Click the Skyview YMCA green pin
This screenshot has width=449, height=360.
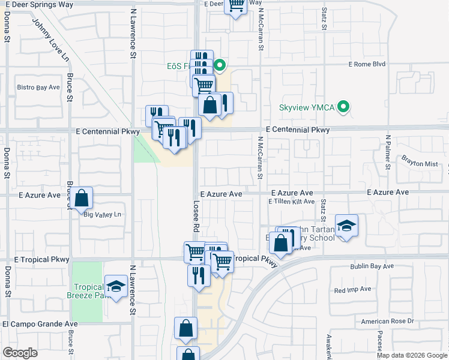point(343,108)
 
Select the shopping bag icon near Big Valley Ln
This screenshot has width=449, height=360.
point(81,197)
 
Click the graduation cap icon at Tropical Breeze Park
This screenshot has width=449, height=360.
point(116,286)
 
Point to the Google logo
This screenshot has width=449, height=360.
point(20,353)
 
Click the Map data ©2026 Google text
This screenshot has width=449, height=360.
point(411,355)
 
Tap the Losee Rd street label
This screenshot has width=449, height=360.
point(196,216)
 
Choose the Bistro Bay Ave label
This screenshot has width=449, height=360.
point(38,88)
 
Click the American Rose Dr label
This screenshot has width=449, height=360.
point(388,322)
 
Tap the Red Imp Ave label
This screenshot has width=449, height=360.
point(349,290)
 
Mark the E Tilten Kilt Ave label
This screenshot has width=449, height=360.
point(291,202)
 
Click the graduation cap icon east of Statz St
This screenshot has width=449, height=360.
point(346,226)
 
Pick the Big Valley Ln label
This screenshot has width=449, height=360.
point(103,214)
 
